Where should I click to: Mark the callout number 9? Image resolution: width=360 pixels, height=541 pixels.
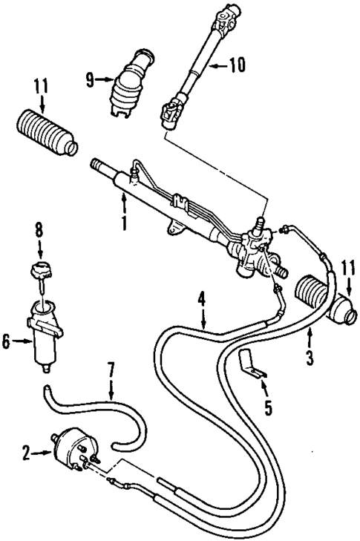(x=91, y=79)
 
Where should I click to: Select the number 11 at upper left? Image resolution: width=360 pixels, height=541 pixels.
(x=39, y=85)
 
